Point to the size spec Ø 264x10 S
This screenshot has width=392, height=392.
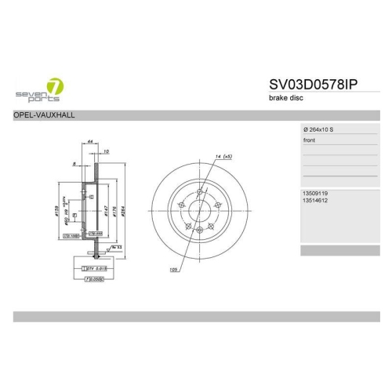tap(323, 129)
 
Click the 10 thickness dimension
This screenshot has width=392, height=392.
tap(105, 150)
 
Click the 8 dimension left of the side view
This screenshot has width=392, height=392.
tap(74, 165)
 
